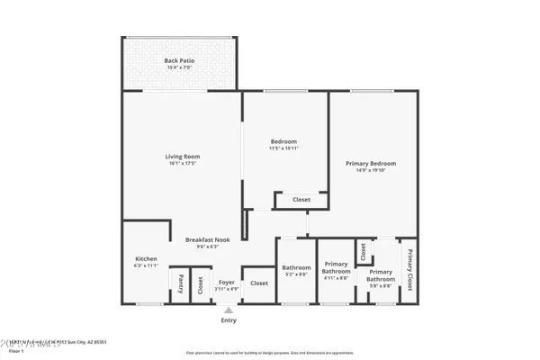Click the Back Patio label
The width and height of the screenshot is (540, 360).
coord(180,61)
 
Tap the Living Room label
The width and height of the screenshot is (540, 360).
coord(182,156)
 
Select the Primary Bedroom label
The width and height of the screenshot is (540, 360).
coord(371,163)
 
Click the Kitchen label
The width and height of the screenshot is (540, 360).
coord(146,259)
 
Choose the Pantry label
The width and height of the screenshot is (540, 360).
coord(180,284)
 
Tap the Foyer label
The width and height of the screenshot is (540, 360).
coord(227,283)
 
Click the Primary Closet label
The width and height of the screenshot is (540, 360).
coord(409,269)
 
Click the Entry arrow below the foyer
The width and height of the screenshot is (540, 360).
coord(229,310)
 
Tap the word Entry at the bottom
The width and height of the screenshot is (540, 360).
coord(229,319)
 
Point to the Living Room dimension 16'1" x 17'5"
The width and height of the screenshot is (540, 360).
coord(182,163)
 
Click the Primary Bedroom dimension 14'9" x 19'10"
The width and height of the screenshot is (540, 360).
coord(371,170)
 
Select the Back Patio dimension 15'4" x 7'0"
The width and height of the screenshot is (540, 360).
coord(180,68)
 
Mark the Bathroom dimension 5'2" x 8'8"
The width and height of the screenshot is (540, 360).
coord(296,274)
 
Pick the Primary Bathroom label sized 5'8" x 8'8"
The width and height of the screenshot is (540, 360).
coord(380,275)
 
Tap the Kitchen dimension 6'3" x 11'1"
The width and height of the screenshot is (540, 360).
coord(146,266)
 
